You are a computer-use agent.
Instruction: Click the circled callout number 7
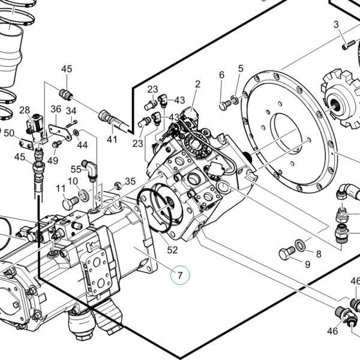click(180, 275)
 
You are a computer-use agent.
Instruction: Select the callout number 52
click(172, 250)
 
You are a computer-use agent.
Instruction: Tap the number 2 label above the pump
click(197, 84)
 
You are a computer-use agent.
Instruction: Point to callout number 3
click(336, 25)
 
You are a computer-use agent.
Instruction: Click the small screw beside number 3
click(348, 45)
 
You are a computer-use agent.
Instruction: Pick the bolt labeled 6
click(225, 106)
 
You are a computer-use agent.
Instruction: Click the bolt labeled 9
click(287, 253)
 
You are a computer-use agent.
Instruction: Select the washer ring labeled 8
click(301, 245)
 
